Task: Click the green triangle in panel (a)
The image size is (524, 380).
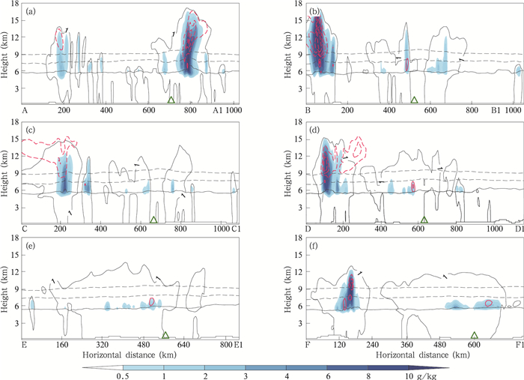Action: coord(171,100)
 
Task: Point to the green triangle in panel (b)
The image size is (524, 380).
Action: coord(414,100)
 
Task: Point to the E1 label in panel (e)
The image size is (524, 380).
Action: coord(239,345)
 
